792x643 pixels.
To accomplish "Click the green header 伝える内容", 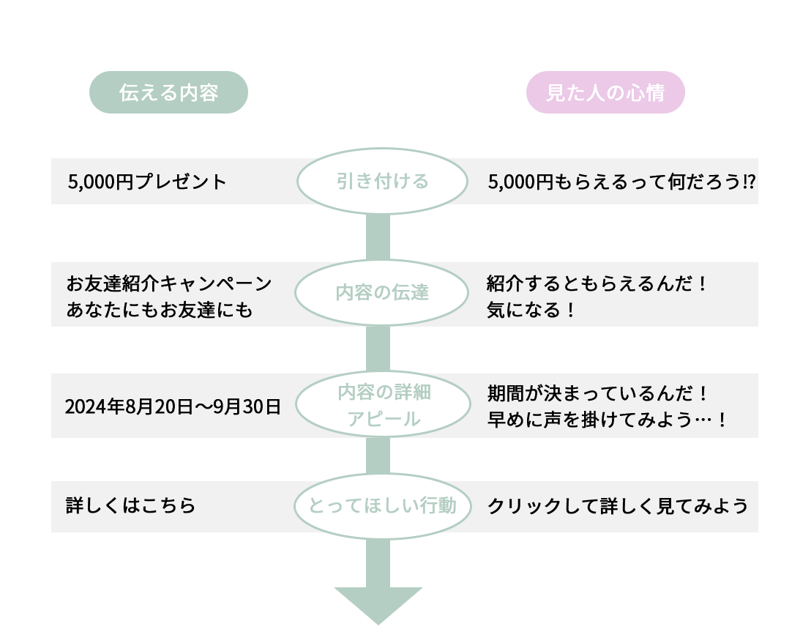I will [168, 93].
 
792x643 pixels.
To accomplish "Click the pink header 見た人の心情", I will [605, 93].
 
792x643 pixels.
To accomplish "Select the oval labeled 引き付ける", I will [381, 181].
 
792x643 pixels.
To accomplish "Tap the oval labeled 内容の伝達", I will [381, 293].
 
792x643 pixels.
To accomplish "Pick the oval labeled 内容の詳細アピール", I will [381, 405].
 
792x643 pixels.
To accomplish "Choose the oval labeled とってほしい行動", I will [381, 506].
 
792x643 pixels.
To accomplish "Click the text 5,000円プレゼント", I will [147, 182].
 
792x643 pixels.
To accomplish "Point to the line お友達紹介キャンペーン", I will [169, 283].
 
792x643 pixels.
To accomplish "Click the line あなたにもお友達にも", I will [160, 310].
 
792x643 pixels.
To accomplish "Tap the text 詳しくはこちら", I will [131, 506].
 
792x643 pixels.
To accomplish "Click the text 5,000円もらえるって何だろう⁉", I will [621, 182].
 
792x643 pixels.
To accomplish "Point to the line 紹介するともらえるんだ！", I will [597, 283].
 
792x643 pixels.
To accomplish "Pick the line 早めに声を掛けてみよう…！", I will [608, 420].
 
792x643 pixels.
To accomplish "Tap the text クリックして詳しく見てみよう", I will [618, 506].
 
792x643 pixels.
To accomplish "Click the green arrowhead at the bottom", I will [378, 603].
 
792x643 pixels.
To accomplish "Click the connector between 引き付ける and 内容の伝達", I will [378, 236].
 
